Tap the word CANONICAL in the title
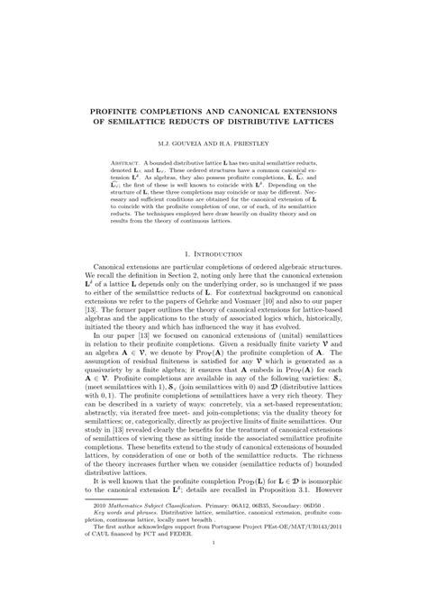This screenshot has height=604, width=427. click(277, 110)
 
